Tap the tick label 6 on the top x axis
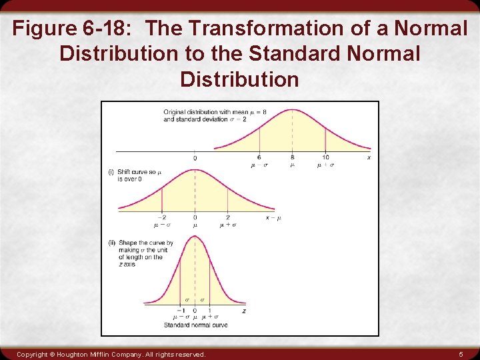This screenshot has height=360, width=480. [259, 157]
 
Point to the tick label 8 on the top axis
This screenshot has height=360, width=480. [292, 157]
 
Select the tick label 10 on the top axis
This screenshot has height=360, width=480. [325, 157]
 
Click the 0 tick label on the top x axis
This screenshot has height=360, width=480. [195, 158]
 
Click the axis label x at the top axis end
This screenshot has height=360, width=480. [369, 157]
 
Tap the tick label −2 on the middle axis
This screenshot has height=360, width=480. [162, 217]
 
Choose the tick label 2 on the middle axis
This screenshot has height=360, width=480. [227, 217]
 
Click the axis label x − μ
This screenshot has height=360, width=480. [273, 217]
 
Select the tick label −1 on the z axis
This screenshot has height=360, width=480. [179, 311]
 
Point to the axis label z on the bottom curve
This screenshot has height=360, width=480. [244, 311]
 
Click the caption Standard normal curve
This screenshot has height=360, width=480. [195, 325]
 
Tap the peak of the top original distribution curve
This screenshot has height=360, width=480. [292, 110]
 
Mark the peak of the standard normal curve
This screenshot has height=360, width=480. [195, 235]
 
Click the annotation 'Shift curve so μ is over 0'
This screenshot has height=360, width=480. [135, 175]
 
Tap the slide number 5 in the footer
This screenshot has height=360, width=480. [461, 354]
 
